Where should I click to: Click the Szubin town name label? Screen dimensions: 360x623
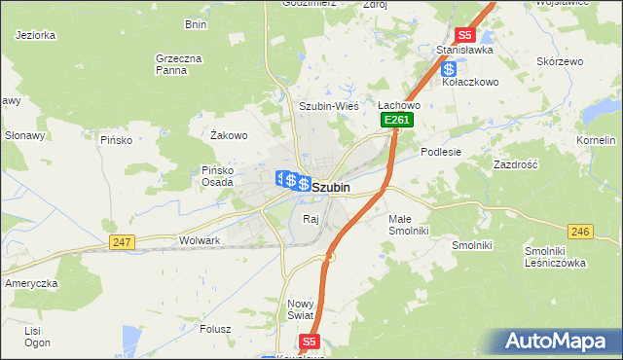[331, 186]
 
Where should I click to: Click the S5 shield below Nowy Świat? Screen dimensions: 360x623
[309, 342]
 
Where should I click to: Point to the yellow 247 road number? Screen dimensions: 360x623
[122, 242]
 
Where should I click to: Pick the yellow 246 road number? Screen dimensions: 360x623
[580, 231]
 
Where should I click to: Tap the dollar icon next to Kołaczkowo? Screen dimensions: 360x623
[449, 69]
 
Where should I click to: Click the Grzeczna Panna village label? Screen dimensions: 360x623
[178, 64]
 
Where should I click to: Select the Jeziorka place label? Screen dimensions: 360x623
[36, 35]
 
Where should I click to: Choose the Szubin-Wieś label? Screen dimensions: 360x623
[329, 106]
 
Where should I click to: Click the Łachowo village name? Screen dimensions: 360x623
[398, 105]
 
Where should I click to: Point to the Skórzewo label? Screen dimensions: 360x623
[560, 61]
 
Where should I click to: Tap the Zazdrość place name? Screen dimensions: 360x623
[516, 165]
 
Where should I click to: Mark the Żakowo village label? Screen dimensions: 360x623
[230, 135]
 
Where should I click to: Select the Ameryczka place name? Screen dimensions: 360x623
[32, 282]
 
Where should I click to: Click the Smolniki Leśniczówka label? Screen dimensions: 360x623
[553, 256]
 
